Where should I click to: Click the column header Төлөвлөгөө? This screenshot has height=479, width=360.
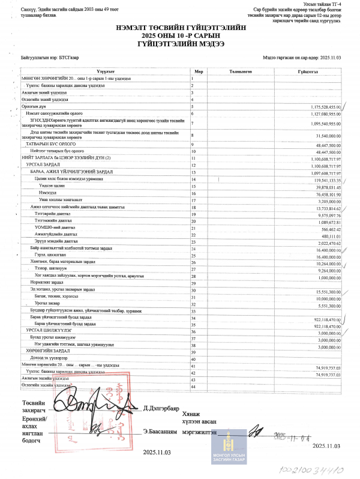coord(241,71)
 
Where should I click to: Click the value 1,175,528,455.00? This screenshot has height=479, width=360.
coord(321,106)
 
